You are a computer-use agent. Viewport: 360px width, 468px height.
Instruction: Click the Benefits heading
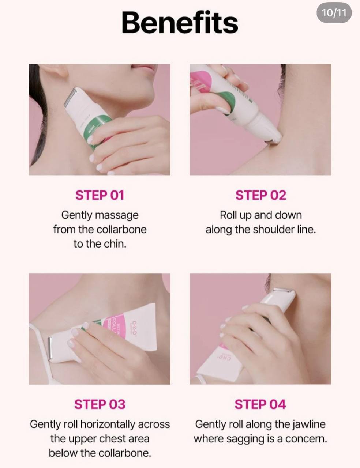[x=180, y=22]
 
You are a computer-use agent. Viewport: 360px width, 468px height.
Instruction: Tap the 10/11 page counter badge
[x=334, y=13]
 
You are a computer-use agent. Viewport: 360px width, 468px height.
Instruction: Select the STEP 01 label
[x=100, y=195]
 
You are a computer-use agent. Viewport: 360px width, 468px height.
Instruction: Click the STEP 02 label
[x=261, y=195]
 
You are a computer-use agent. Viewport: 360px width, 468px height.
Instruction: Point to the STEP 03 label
[x=100, y=404]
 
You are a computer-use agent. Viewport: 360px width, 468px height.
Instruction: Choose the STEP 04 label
[x=260, y=404]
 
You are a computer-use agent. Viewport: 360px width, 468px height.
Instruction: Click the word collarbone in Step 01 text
[x=121, y=229]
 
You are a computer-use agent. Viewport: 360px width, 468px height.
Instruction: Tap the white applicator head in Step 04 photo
[x=281, y=298]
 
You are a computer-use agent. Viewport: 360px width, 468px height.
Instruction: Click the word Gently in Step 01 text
[x=76, y=215]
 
